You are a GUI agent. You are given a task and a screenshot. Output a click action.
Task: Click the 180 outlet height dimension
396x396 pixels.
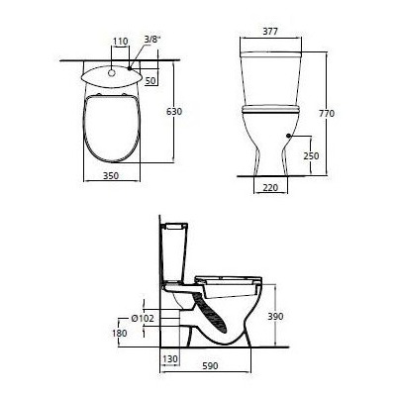[x=120, y=334]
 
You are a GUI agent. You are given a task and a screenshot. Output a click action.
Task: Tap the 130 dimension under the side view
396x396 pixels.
[x=171, y=358]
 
